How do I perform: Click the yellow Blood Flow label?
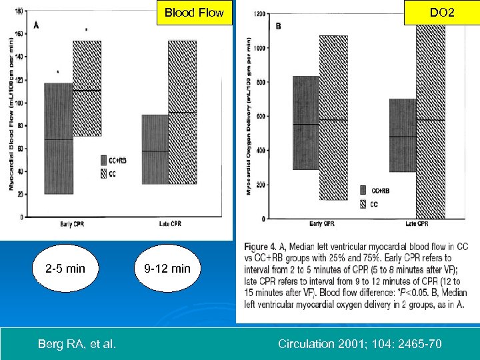click(194, 13)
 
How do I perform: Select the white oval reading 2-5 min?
click(65, 269)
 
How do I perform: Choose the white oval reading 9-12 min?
click(167, 269)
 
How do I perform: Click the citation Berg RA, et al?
click(77, 344)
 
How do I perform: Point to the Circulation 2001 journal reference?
click(359, 344)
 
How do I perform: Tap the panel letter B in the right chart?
click(278, 27)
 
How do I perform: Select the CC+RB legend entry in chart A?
click(115, 160)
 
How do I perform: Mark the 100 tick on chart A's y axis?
click(19, 103)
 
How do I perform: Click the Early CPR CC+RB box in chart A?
click(58, 138)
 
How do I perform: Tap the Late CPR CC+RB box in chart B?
click(402, 135)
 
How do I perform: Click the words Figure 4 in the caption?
click(264, 247)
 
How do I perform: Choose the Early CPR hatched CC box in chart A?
click(87, 89)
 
